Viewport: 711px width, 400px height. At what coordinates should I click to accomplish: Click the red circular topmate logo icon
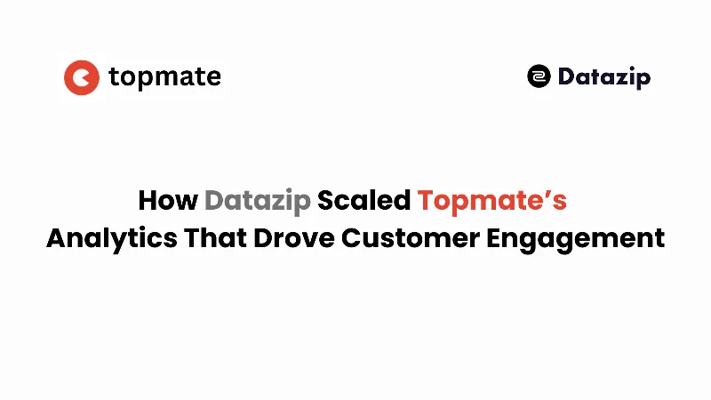click(x=81, y=77)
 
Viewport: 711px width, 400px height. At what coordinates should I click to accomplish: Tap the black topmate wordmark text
click(x=164, y=77)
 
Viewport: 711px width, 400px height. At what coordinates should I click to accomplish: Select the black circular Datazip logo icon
click(x=539, y=76)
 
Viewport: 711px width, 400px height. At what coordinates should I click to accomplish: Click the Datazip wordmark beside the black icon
click(x=604, y=77)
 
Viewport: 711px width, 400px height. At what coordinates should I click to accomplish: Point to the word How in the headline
click(x=168, y=201)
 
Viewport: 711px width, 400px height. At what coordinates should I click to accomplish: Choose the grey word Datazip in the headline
click(x=258, y=201)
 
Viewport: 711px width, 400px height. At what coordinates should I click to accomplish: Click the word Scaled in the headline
click(x=364, y=201)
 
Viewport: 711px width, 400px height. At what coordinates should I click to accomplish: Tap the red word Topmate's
click(x=491, y=201)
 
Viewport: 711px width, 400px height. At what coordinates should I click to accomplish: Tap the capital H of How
click(x=148, y=201)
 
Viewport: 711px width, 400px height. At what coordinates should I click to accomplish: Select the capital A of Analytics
click(x=56, y=238)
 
